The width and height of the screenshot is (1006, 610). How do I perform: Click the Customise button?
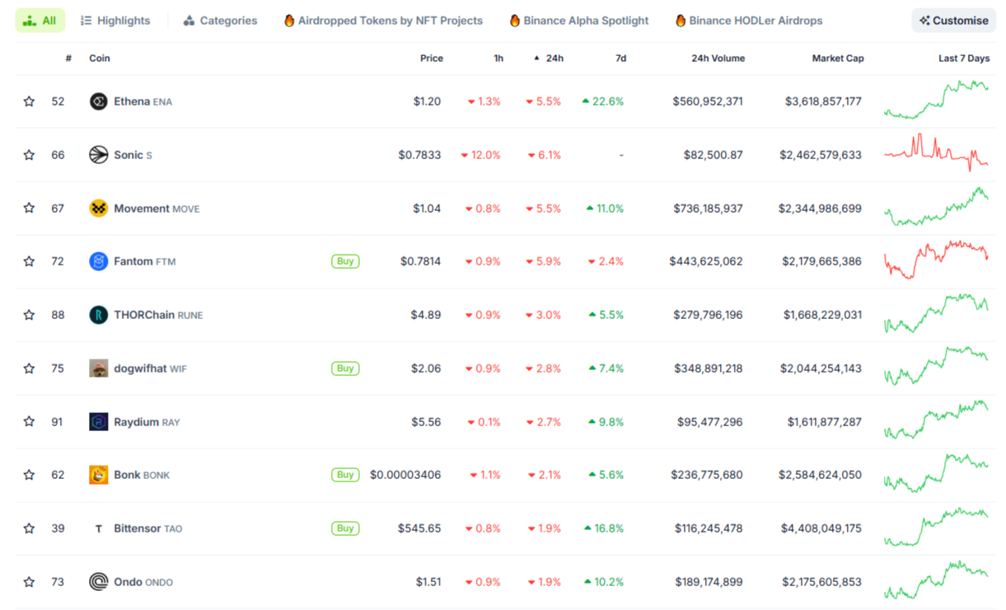point(954,21)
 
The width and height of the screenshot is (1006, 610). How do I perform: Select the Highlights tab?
point(115,21)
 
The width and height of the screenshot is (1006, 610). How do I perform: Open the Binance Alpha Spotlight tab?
point(578,21)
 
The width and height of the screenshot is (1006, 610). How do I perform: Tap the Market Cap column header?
point(838,59)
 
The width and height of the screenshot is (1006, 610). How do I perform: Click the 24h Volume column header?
point(718,59)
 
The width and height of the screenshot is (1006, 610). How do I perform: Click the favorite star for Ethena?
point(30,101)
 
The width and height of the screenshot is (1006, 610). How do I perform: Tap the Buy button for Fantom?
point(345,261)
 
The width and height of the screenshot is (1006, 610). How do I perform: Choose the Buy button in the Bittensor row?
point(345,528)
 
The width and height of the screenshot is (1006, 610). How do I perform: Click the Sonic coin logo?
point(99,155)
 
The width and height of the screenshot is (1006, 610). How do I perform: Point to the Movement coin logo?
point(99,209)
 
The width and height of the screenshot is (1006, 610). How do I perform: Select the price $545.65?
point(419,528)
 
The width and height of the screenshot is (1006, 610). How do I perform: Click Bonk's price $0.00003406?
point(405,475)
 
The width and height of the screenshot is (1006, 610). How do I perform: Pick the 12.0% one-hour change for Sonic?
point(481,155)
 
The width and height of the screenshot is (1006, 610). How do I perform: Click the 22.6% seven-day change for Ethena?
point(603,101)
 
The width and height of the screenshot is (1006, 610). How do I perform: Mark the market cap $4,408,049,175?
point(820,528)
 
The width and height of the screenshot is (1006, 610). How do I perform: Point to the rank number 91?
point(58,422)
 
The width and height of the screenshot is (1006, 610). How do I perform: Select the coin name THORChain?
point(143,315)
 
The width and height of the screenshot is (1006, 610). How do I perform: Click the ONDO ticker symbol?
point(159,583)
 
